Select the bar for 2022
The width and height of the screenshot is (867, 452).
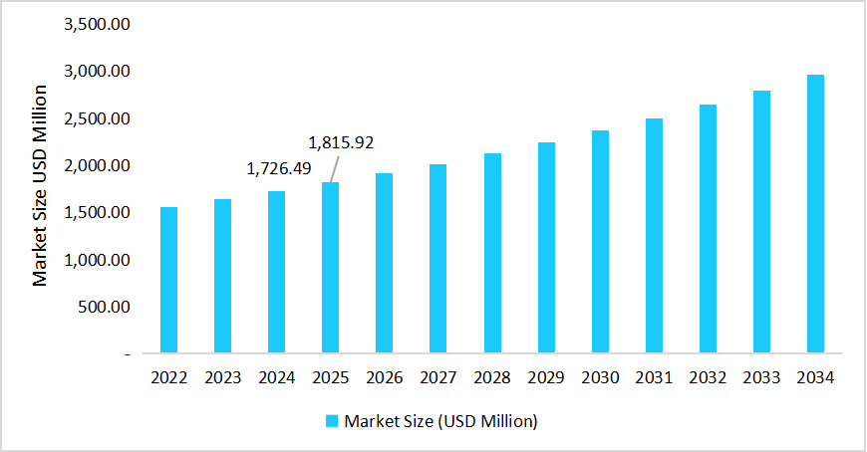coord(168,280)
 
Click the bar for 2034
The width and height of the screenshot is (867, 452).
coord(815,214)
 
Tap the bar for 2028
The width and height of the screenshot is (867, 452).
coord(492,253)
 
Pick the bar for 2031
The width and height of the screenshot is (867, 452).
coord(654,236)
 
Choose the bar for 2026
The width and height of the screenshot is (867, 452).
coord(385,263)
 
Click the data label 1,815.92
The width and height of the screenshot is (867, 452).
coord(341,142)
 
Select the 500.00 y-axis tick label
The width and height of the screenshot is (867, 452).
coord(104,307)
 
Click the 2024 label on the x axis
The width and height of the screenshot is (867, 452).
coord(276,378)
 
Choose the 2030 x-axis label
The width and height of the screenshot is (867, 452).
coord(600,378)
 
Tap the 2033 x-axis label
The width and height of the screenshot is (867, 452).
coord(761,378)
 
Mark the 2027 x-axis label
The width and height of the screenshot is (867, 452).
coord(438,378)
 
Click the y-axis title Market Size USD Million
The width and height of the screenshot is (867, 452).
coord(40,186)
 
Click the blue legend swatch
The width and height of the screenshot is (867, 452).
coord(334,421)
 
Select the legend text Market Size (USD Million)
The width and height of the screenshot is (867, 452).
coord(440,421)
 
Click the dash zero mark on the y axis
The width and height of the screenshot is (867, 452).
coord(127,353)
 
